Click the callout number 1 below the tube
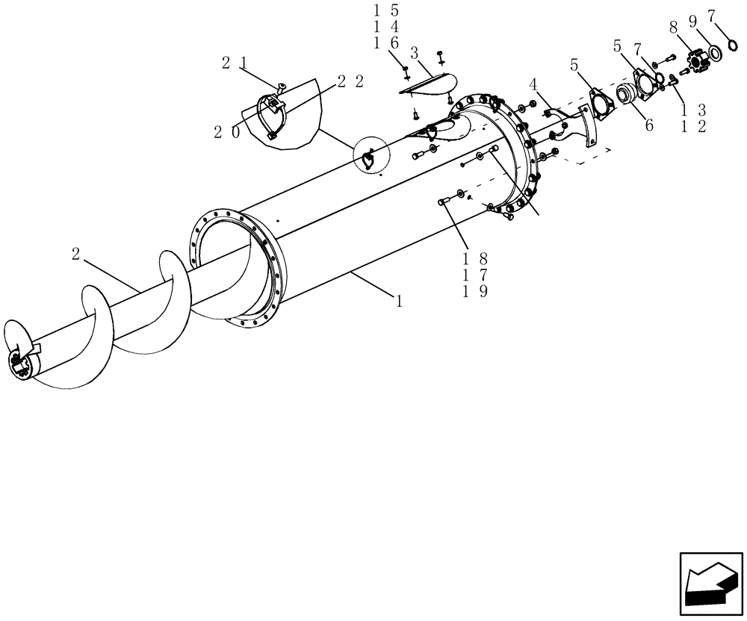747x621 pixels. tap(400, 302)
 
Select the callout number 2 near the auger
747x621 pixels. tap(76, 254)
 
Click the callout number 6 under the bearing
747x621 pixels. tap(648, 125)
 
